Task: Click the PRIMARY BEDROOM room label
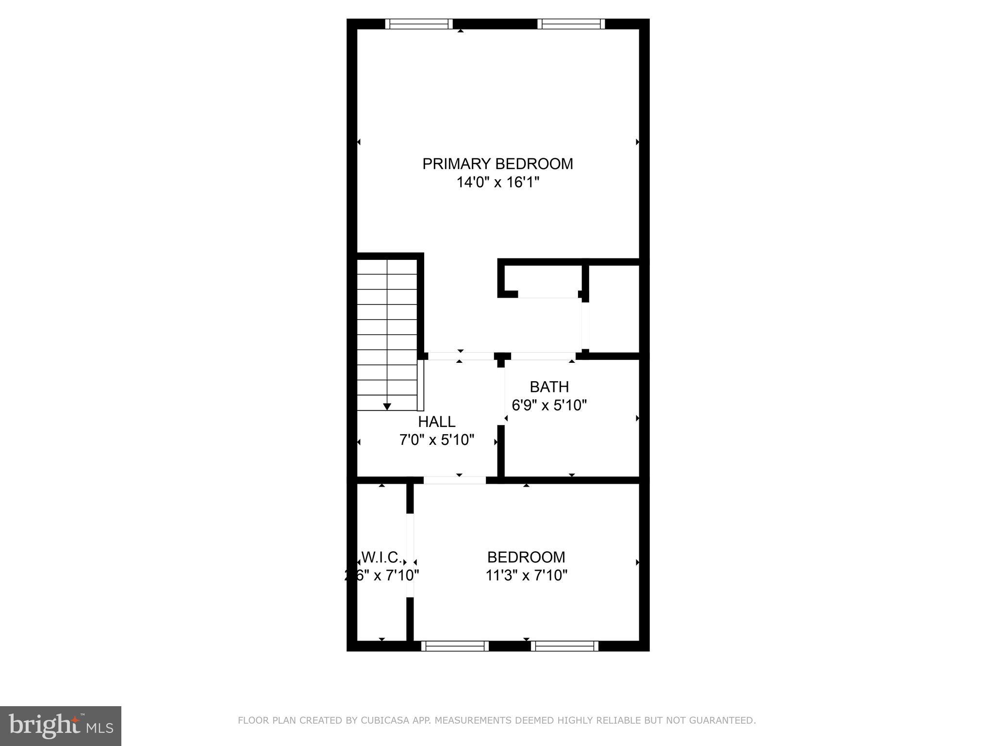(497, 164)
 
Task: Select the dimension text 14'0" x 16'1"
(497, 183)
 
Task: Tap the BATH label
(549, 387)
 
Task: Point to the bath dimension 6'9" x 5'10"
(549, 405)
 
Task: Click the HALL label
(436, 421)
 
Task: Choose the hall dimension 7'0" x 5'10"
(436, 440)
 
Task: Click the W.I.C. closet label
(381, 557)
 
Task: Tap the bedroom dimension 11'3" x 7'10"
(526, 575)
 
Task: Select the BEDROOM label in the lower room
(526, 557)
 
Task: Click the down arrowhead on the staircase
(387, 407)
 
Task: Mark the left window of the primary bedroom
(419, 24)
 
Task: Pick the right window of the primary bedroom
(571, 24)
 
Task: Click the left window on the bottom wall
(455, 645)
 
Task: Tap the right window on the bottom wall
(564, 645)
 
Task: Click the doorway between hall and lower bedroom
(455, 480)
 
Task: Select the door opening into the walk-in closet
(410, 555)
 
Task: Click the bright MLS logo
(60, 726)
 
